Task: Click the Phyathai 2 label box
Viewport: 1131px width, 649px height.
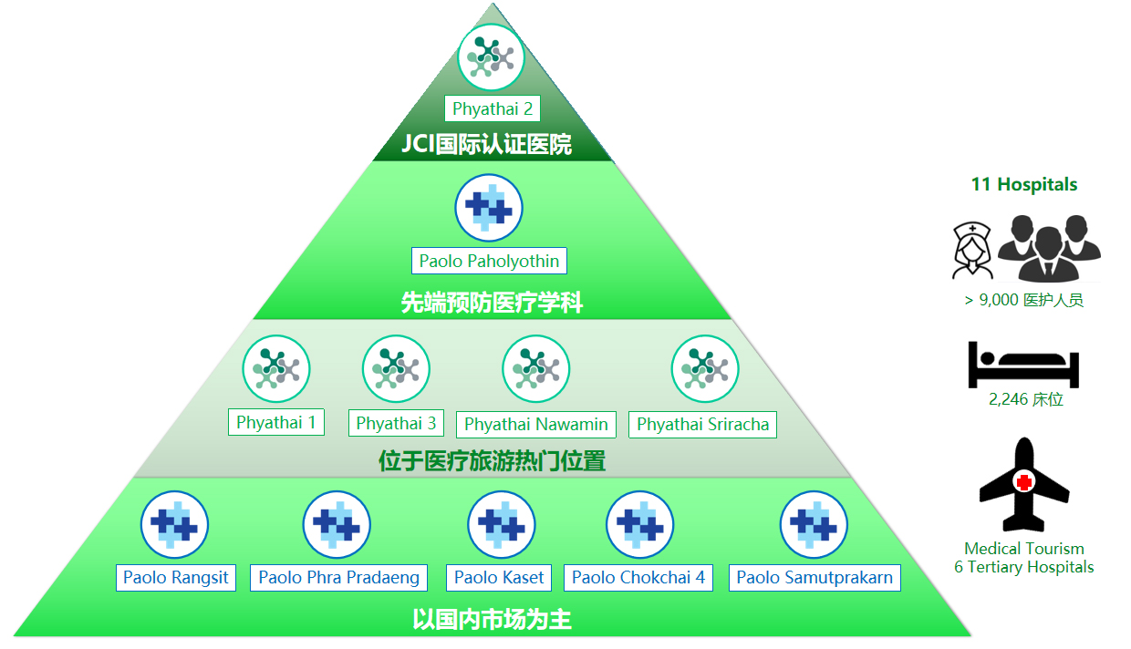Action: coord(493,109)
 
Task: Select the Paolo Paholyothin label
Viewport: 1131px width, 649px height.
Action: coord(489,261)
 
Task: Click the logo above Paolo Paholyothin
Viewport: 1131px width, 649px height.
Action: coord(489,208)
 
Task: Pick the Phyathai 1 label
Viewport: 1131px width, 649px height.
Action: coord(275,422)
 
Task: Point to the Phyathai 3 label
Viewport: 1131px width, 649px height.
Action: coord(396,423)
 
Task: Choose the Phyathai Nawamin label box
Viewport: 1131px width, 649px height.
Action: coord(535,424)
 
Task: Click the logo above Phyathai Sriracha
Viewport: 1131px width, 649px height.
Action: coord(705,369)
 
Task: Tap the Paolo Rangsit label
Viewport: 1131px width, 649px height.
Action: coord(176,577)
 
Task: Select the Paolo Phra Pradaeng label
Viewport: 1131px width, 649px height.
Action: coord(338,577)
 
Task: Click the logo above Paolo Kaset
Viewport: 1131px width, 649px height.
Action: coord(501,525)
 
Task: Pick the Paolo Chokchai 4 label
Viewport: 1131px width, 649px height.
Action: coord(638,577)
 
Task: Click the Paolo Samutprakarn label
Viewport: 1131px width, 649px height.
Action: coord(815,577)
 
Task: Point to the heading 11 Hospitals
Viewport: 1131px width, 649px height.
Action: coord(1024,184)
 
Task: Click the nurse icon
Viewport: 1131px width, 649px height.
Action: coord(972,249)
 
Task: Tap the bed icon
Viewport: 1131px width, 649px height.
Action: coord(1023,364)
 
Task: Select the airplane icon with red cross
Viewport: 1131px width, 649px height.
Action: coord(1024,484)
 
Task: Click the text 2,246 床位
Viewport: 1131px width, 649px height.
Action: coord(1025,399)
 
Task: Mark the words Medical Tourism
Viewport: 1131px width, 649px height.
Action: coord(1024,549)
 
